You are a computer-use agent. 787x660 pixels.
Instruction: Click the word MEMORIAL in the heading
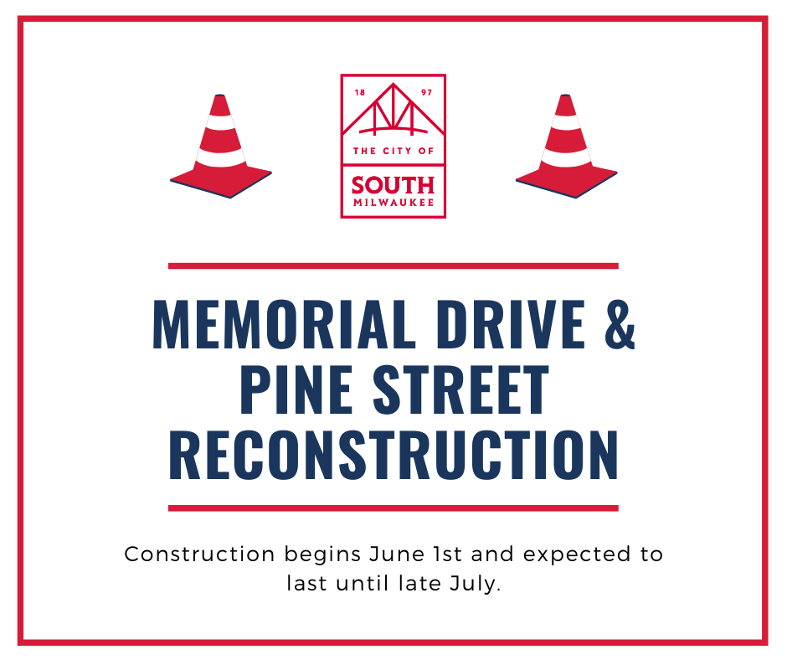point(284,323)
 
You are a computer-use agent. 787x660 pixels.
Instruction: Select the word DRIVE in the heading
point(511,323)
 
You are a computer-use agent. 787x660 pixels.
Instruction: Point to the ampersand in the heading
point(620,324)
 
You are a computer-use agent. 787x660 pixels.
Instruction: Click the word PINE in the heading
point(296,389)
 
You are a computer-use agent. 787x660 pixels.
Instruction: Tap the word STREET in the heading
point(460,389)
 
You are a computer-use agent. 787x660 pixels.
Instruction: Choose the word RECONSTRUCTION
point(393,455)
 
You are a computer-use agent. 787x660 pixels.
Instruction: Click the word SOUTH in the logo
point(393,185)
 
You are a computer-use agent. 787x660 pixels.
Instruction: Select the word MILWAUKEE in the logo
point(393,203)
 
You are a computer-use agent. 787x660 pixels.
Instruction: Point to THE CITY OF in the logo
point(393,151)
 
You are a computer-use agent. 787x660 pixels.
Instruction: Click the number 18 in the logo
point(360,92)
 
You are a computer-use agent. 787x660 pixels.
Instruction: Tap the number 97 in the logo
point(427,92)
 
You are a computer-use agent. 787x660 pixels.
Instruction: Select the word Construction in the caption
point(200,554)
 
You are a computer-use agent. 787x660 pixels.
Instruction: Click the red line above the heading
point(393,266)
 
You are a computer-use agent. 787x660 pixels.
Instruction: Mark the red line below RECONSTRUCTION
point(393,508)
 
